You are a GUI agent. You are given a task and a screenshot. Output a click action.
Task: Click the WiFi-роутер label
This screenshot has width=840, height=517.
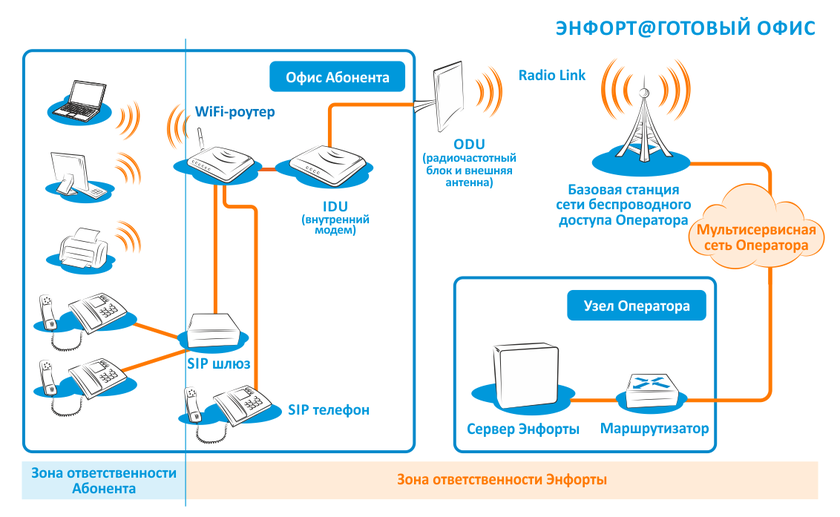pos(235,111)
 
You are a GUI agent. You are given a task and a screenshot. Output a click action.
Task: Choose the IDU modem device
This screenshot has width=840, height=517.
pos(327,164)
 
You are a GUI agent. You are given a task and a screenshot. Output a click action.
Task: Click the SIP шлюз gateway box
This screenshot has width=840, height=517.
pos(214,330)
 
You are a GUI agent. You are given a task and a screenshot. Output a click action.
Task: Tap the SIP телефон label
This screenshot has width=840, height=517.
pos(328,410)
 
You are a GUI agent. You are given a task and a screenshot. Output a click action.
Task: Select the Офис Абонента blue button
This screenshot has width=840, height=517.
pos(337,77)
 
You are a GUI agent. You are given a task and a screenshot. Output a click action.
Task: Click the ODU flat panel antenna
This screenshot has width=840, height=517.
pos(448,96)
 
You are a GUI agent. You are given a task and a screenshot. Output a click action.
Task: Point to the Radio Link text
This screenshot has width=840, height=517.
pos(552,75)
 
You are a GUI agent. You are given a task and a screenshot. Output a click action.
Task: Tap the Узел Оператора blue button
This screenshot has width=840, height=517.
pos(636,306)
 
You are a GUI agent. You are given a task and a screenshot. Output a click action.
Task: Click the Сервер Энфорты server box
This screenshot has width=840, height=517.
pos(524,376)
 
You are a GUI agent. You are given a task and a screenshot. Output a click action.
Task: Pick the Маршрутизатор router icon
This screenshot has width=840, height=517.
pos(651,390)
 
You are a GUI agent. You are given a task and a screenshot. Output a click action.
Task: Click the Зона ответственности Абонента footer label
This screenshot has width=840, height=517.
pos(104,481)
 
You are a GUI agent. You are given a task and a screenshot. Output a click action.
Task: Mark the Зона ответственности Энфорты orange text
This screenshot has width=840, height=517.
pos(502,479)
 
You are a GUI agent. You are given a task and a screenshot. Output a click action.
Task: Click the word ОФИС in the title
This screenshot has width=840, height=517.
pos(786,28)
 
